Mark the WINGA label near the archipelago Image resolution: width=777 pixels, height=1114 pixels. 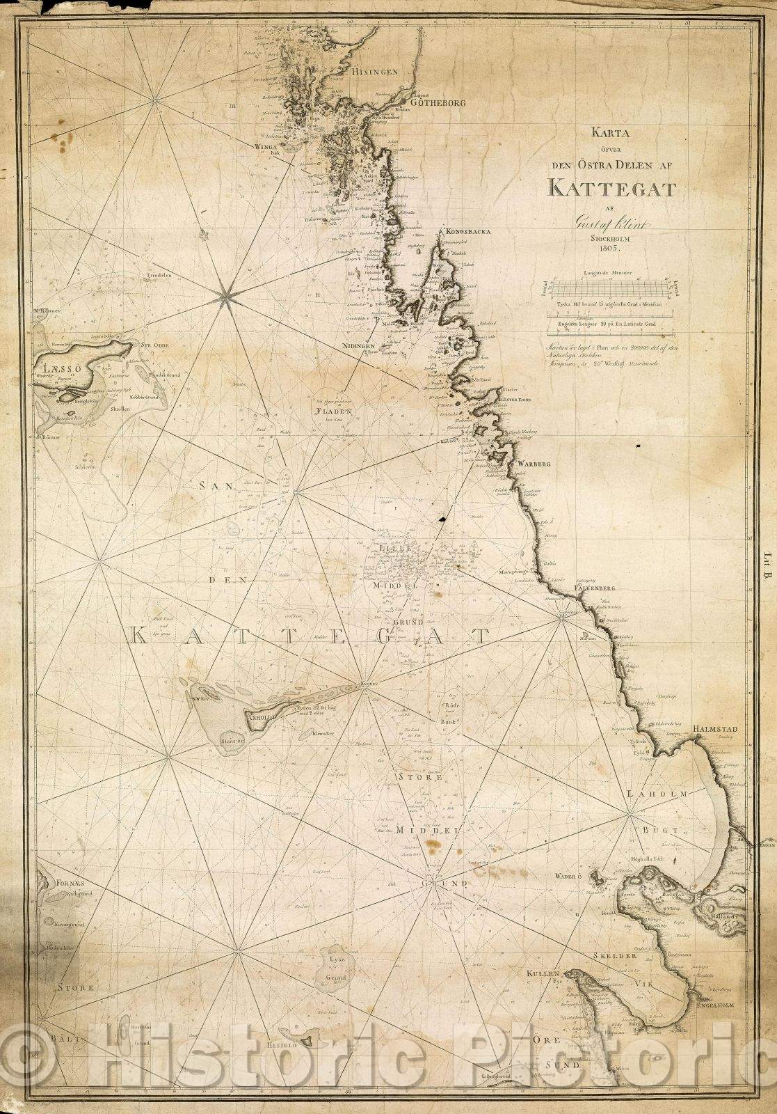tap(266, 148)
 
